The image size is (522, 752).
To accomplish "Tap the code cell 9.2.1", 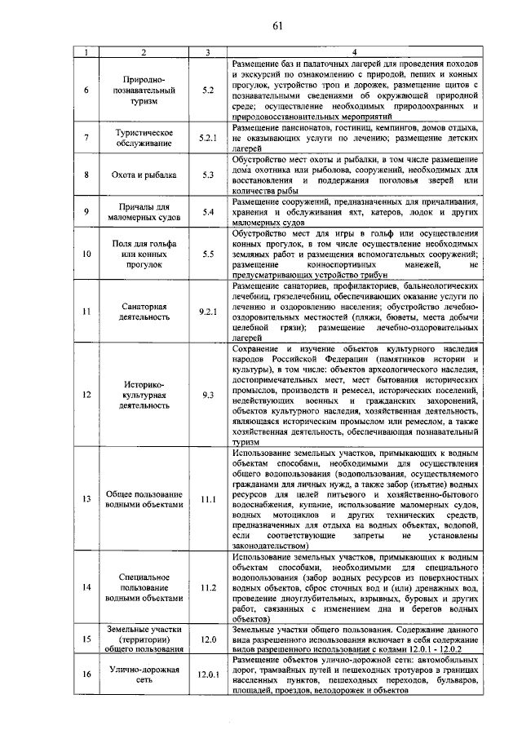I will point(208,311).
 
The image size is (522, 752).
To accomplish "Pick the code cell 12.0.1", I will point(208,674).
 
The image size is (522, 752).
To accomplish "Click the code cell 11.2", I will point(208,587).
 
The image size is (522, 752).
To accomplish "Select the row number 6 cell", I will point(86,89).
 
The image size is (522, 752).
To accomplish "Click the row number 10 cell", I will point(86,254).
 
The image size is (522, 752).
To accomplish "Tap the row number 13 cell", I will point(86,498).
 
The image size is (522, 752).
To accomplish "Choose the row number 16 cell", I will point(86,674).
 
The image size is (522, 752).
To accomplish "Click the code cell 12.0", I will point(208,639).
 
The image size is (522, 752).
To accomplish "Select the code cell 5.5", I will point(208,254).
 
